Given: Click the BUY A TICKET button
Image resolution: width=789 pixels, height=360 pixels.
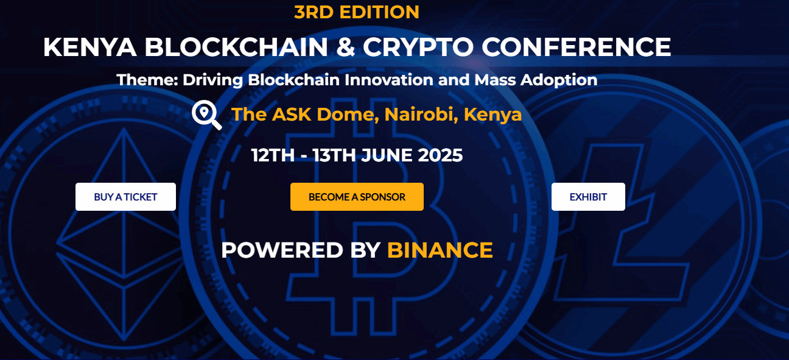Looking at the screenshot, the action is pyautogui.click(x=125, y=197).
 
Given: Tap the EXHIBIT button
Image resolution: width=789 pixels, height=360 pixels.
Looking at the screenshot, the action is pyautogui.click(x=588, y=197).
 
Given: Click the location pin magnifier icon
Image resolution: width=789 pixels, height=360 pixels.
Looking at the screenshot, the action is pyautogui.click(x=207, y=115).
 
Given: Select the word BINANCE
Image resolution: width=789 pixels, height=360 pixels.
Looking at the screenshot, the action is pyautogui.click(x=440, y=250).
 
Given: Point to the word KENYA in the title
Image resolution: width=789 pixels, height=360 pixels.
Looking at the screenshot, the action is pyautogui.click(x=90, y=47).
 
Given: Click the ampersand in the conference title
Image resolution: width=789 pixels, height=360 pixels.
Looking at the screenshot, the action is pyautogui.click(x=346, y=47).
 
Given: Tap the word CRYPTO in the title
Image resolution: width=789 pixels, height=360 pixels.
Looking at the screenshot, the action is pyautogui.click(x=418, y=47).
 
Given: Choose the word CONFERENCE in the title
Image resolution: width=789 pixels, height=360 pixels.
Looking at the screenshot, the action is pyautogui.click(x=577, y=47).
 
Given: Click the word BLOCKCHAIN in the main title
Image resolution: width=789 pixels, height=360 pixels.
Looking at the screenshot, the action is pyautogui.click(x=236, y=47).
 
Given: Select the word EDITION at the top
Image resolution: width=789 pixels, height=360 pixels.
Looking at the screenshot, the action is pyautogui.click(x=379, y=12).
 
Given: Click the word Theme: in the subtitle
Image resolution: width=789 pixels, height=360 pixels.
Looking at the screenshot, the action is pyautogui.click(x=147, y=80).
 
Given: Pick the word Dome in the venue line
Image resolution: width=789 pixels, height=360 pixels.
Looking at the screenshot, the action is pyautogui.click(x=348, y=115).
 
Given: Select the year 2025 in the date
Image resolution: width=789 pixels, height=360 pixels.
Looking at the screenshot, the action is pyautogui.click(x=440, y=155).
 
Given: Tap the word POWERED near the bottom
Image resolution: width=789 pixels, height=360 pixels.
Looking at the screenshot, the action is pyautogui.click(x=282, y=250).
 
